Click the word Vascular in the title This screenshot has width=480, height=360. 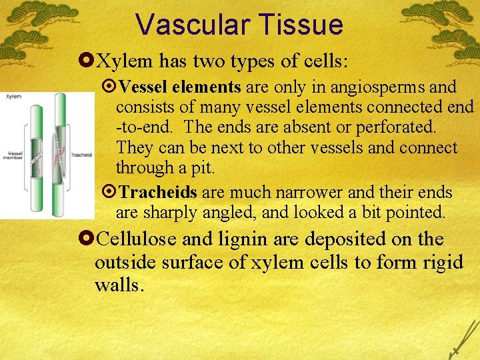(x=191, y=25)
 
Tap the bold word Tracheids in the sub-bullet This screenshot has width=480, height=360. (x=157, y=193)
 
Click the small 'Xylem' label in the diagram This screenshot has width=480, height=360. (x=13, y=97)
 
